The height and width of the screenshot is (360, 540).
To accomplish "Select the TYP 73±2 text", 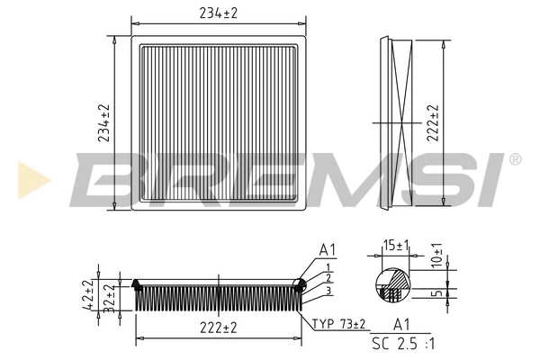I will pyautogui.click(x=340, y=323).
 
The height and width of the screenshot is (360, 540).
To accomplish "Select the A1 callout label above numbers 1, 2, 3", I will pyautogui.click(x=328, y=249).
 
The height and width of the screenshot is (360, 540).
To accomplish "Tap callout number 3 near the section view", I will pyautogui.click(x=329, y=290).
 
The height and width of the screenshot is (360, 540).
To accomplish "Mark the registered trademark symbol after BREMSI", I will pyautogui.click(x=514, y=159).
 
